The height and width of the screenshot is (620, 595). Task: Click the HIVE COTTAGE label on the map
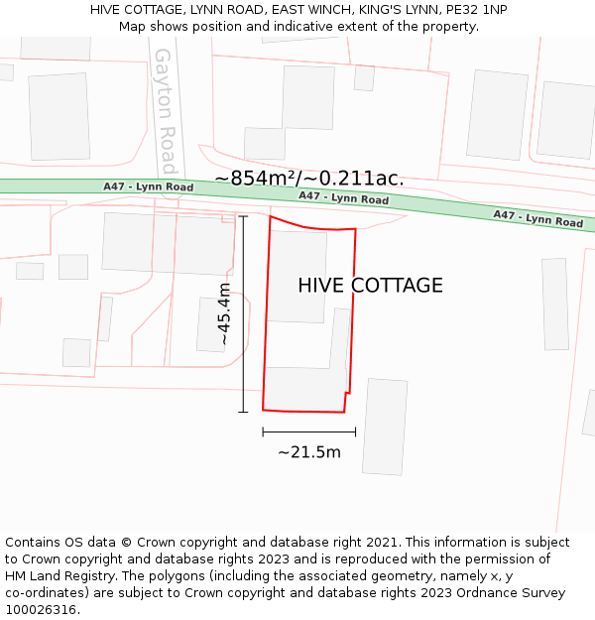tap(370, 286)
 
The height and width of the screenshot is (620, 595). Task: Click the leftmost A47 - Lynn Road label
tap(148, 186)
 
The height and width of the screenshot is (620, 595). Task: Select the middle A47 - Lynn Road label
tap(343, 197)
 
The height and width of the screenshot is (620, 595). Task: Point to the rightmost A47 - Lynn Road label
tap(538, 218)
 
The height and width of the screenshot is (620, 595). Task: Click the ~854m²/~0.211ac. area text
tap(309, 179)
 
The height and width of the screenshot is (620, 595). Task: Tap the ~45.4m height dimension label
tap(225, 313)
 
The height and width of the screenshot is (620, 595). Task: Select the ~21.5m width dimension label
tap(309, 452)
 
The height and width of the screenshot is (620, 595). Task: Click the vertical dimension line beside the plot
tap(243, 313)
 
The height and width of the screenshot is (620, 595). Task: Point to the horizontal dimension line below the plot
tap(309, 432)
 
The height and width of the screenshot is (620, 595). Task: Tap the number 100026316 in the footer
tap(41, 610)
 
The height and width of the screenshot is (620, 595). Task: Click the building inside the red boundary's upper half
tap(298, 276)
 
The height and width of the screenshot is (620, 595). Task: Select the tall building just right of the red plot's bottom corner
tap(385, 427)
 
